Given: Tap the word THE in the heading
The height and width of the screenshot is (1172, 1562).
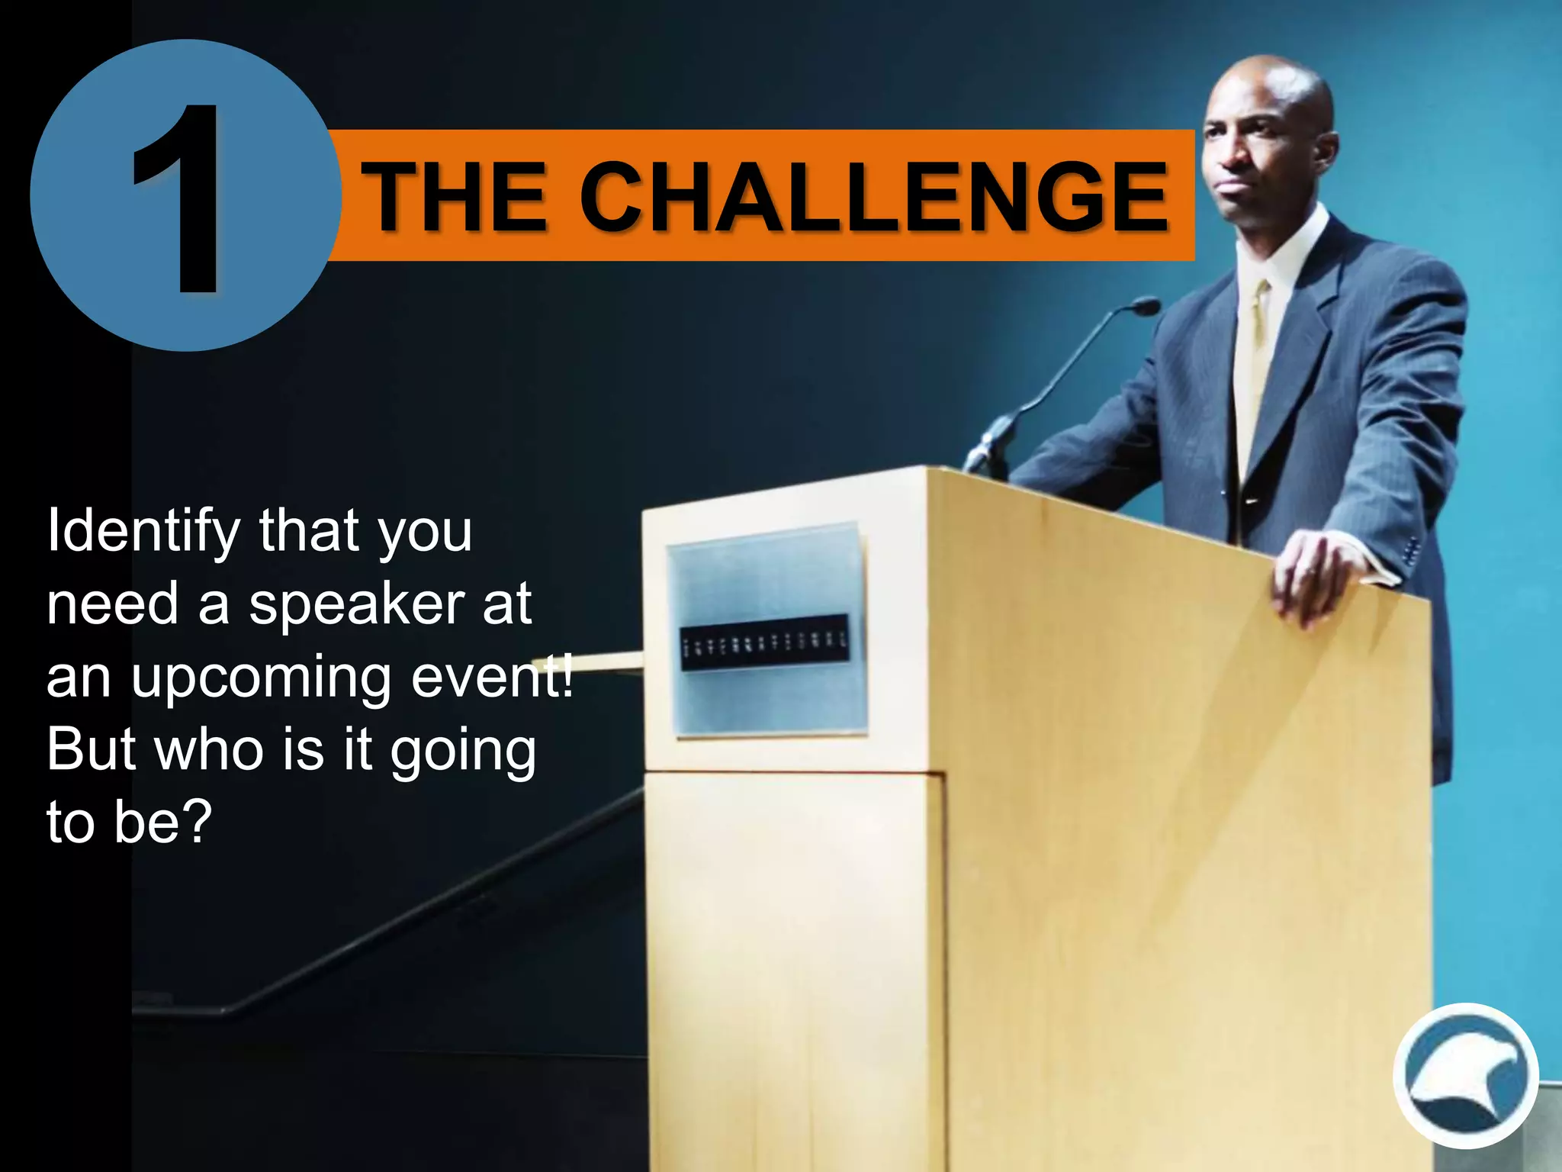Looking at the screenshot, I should [x=455, y=197].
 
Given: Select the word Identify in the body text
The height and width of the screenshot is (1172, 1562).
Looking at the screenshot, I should [x=143, y=533].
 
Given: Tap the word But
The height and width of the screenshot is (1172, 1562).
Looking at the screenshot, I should [x=93, y=749].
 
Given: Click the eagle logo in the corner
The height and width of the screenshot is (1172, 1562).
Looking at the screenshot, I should [x=1465, y=1076].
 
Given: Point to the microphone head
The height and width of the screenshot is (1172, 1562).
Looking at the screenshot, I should [x=1143, y=307].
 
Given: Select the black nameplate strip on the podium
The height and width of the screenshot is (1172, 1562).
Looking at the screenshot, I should [x=763, y=642].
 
